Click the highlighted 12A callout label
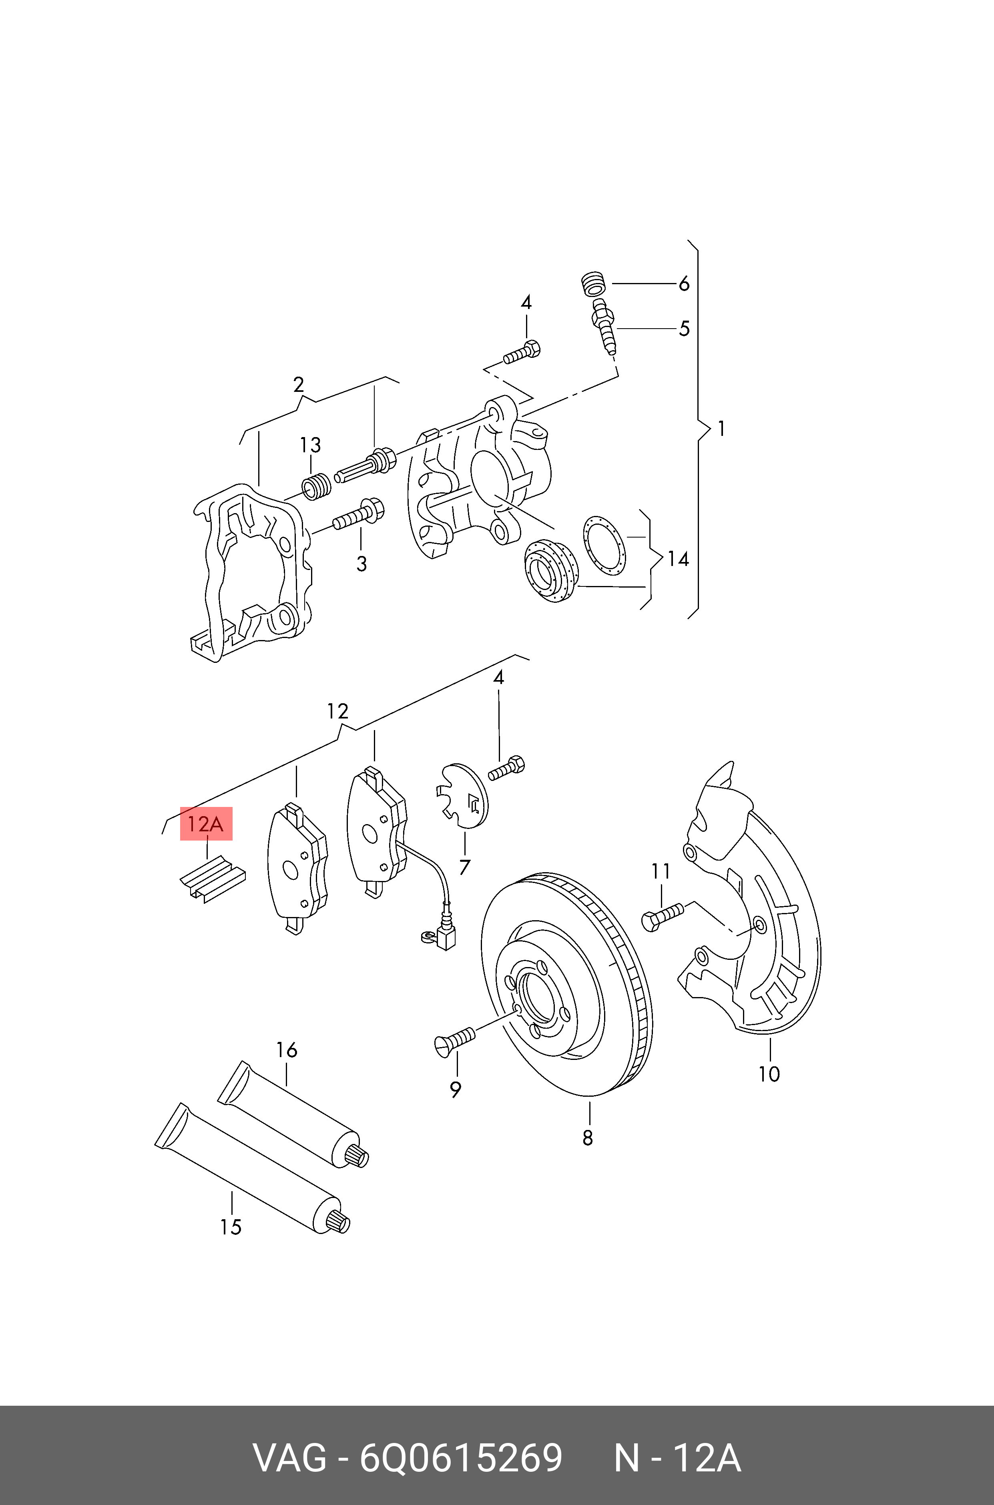[x=206, y=824]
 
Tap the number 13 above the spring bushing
[x=310, y=445]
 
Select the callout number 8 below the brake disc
[x=588, y=1138]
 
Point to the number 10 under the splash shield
[x=769, y=1074]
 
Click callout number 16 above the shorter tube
[x=287, y=1050]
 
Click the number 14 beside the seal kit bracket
[x=678, y=559]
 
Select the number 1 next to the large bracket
[x=721, y=429]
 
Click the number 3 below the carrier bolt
[x=361, y=563]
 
